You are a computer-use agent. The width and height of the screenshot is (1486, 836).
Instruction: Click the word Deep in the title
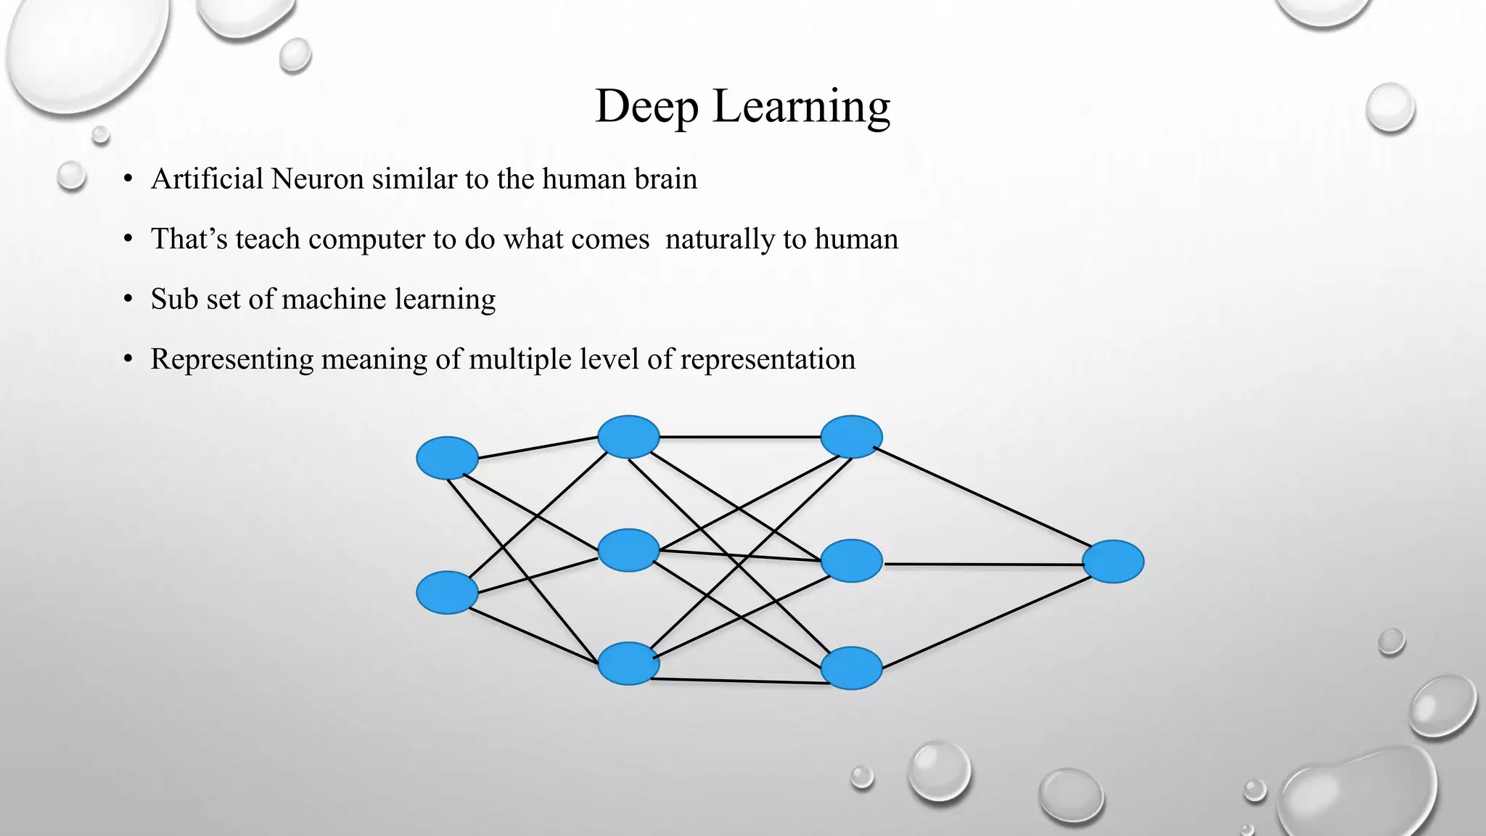click(646, 107)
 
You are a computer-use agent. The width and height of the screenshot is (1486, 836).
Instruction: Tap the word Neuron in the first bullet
click(317, 179)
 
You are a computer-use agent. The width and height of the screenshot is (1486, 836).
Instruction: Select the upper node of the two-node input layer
click(447, 458)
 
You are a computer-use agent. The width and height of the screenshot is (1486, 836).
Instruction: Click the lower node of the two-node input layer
click(447, 592)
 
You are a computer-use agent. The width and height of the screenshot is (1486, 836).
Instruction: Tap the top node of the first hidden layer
click(628, 437)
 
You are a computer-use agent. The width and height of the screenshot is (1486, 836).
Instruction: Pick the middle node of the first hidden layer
click(628, 550)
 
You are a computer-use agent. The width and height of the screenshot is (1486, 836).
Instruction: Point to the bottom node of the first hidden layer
click(628, 663)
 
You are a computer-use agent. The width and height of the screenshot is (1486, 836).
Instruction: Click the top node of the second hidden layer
click(851, 437)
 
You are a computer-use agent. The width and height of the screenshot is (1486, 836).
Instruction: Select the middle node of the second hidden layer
click(851, 561)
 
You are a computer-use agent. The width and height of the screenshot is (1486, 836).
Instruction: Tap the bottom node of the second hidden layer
click(851, 668)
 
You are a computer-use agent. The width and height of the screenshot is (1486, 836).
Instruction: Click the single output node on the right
click(1113, 562)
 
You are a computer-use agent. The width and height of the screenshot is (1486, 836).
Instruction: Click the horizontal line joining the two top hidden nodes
click(740, 437)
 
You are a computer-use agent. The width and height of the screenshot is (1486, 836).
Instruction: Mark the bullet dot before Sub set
click(128, 299)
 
